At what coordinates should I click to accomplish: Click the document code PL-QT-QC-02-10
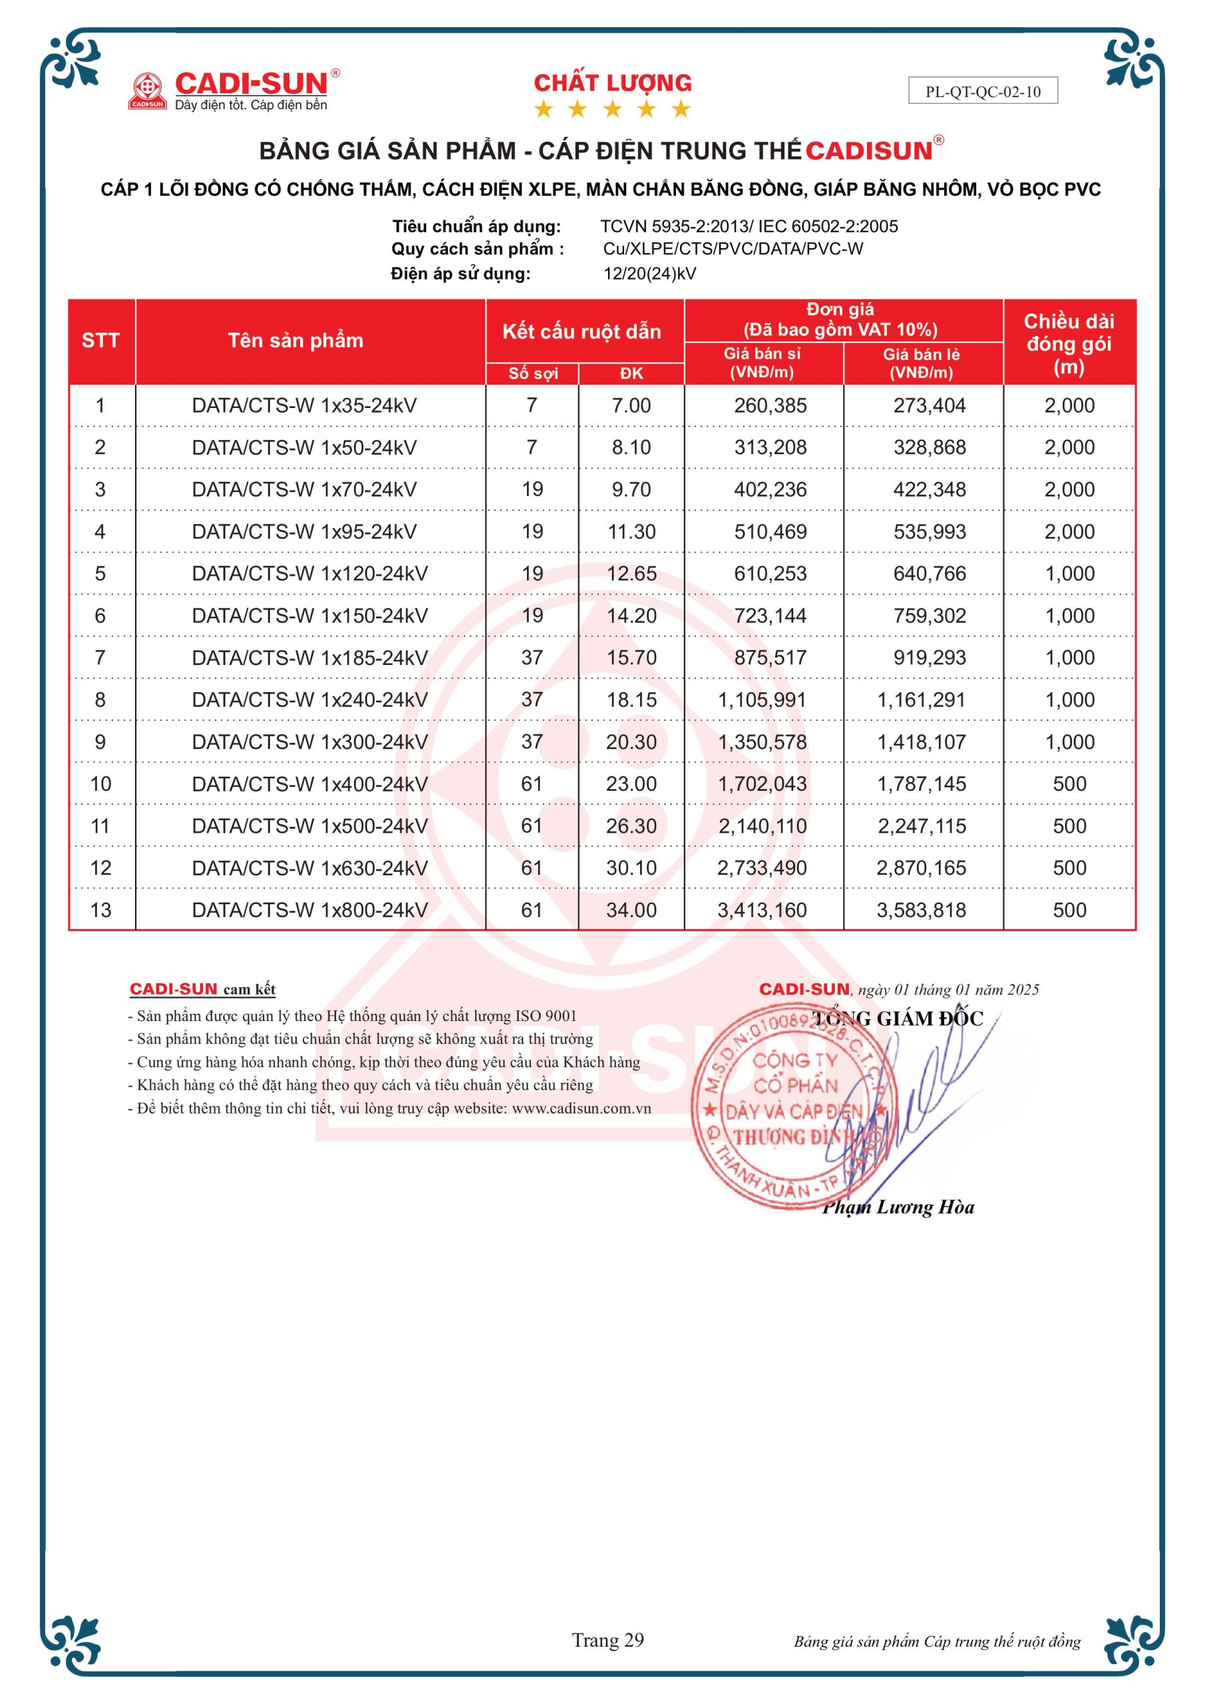982,91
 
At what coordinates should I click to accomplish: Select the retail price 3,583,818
921,910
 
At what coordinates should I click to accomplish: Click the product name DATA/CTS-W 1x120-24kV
309,573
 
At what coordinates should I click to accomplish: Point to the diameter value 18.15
631,699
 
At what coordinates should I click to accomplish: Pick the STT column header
100,341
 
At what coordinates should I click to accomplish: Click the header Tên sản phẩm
295,341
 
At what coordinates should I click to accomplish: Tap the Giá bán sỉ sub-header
762,363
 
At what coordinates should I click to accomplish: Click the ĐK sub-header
631,373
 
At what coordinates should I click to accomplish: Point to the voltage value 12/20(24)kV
649,273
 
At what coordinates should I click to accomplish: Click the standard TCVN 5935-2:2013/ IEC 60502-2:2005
749,226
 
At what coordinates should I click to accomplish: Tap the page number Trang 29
607,1639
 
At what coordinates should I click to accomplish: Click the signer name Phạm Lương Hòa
898,1206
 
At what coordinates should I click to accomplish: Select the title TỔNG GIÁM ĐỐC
898,1018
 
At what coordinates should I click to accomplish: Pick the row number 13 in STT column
100,910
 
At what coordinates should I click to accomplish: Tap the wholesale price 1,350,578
762,742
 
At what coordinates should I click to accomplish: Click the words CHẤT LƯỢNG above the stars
612,83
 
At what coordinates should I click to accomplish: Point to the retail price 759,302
929,615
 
